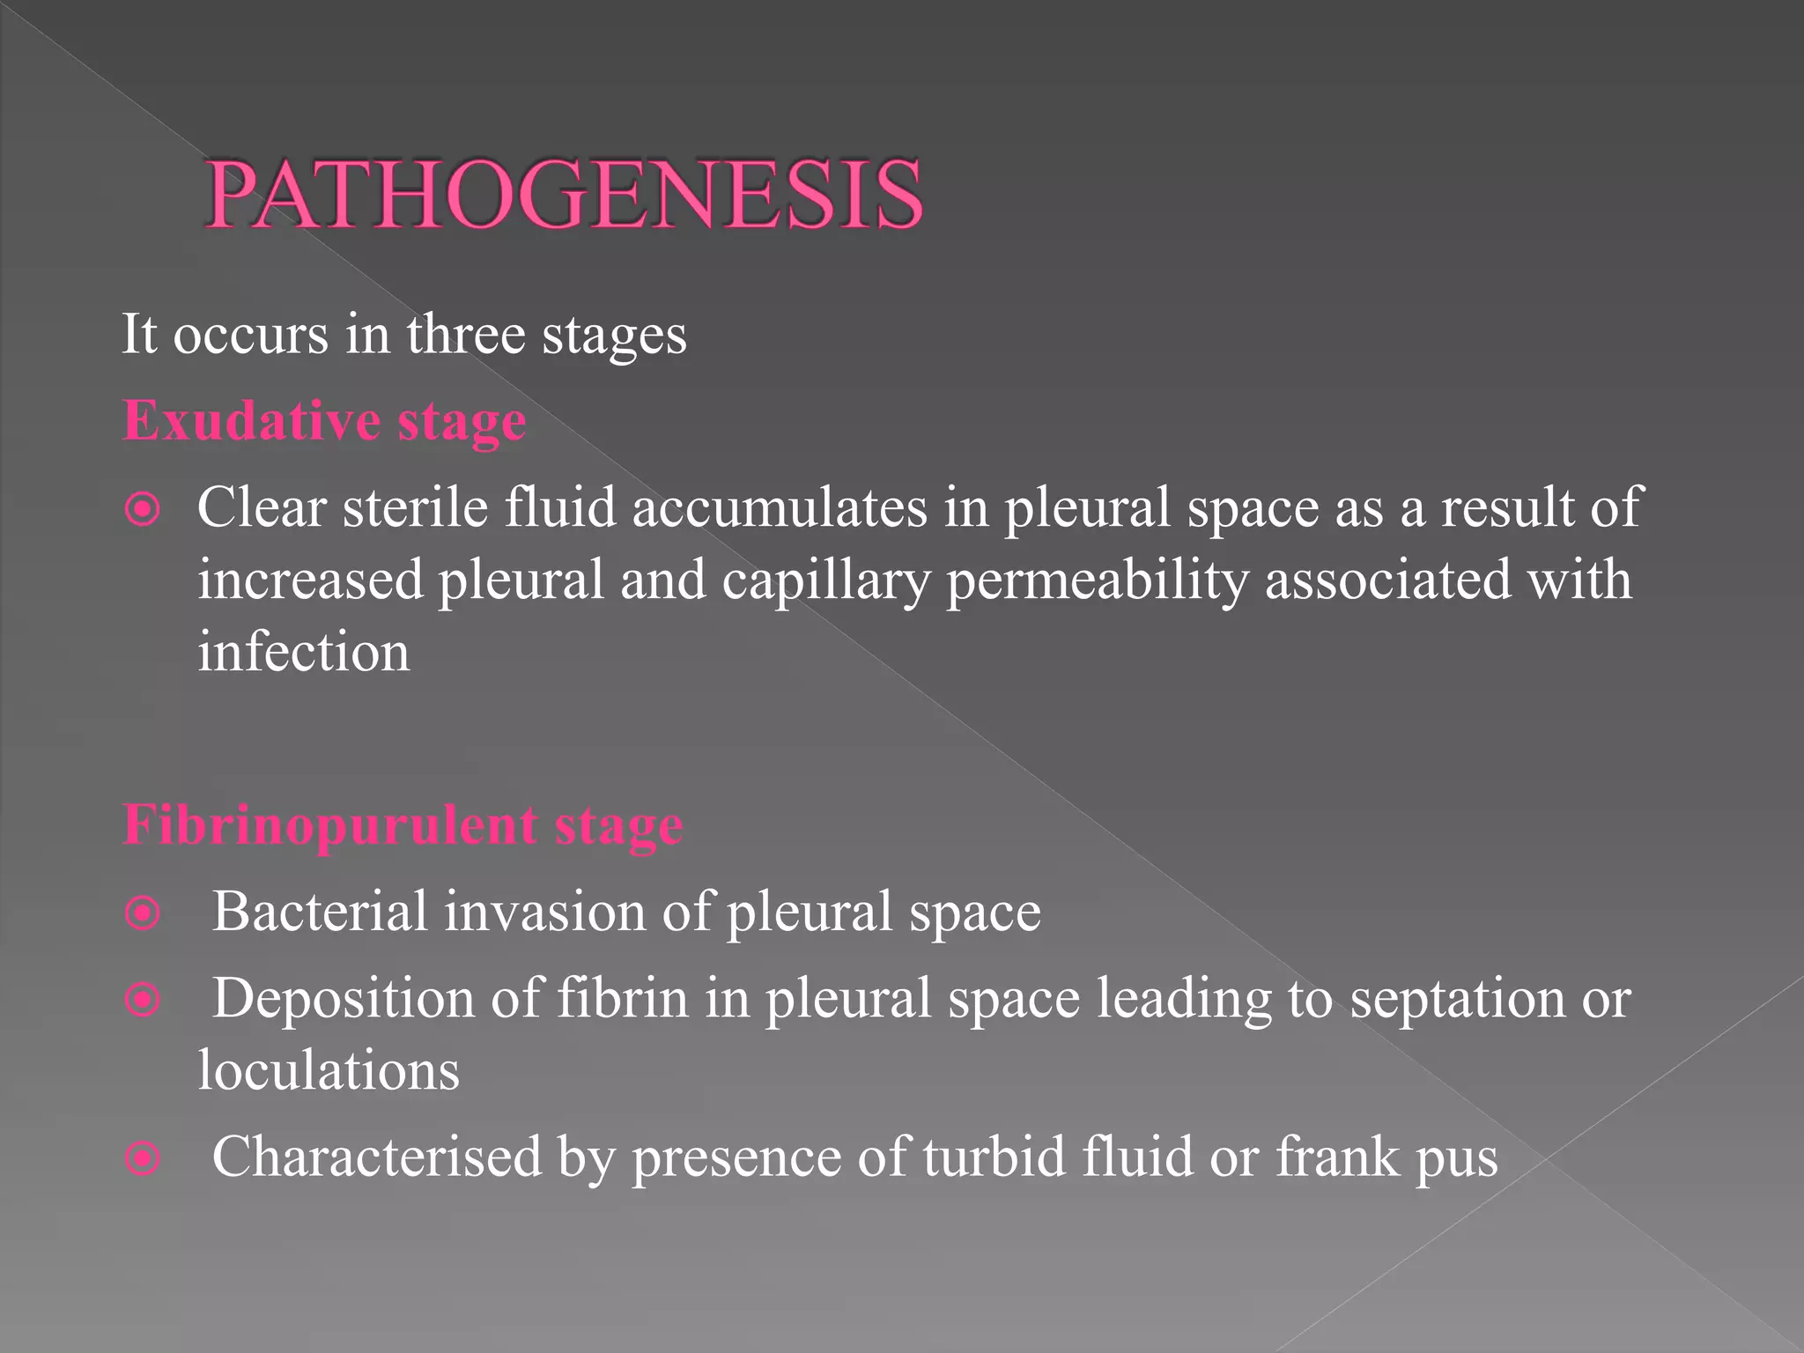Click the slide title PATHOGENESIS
click(564, 196)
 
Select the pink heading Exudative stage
click(324, 421)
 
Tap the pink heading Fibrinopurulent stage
click(403, 825)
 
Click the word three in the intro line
click(465, 335)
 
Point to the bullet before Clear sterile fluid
click(143, 510)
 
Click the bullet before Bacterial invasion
click(143, 913)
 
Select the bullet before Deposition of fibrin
click(143, 1001)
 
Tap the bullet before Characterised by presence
click(143, 1158)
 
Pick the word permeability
click(1098, 581)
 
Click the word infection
click(304, 653)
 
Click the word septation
click(1457, 1001)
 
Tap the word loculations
click(329, 1071)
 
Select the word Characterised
click(377, 1157)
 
